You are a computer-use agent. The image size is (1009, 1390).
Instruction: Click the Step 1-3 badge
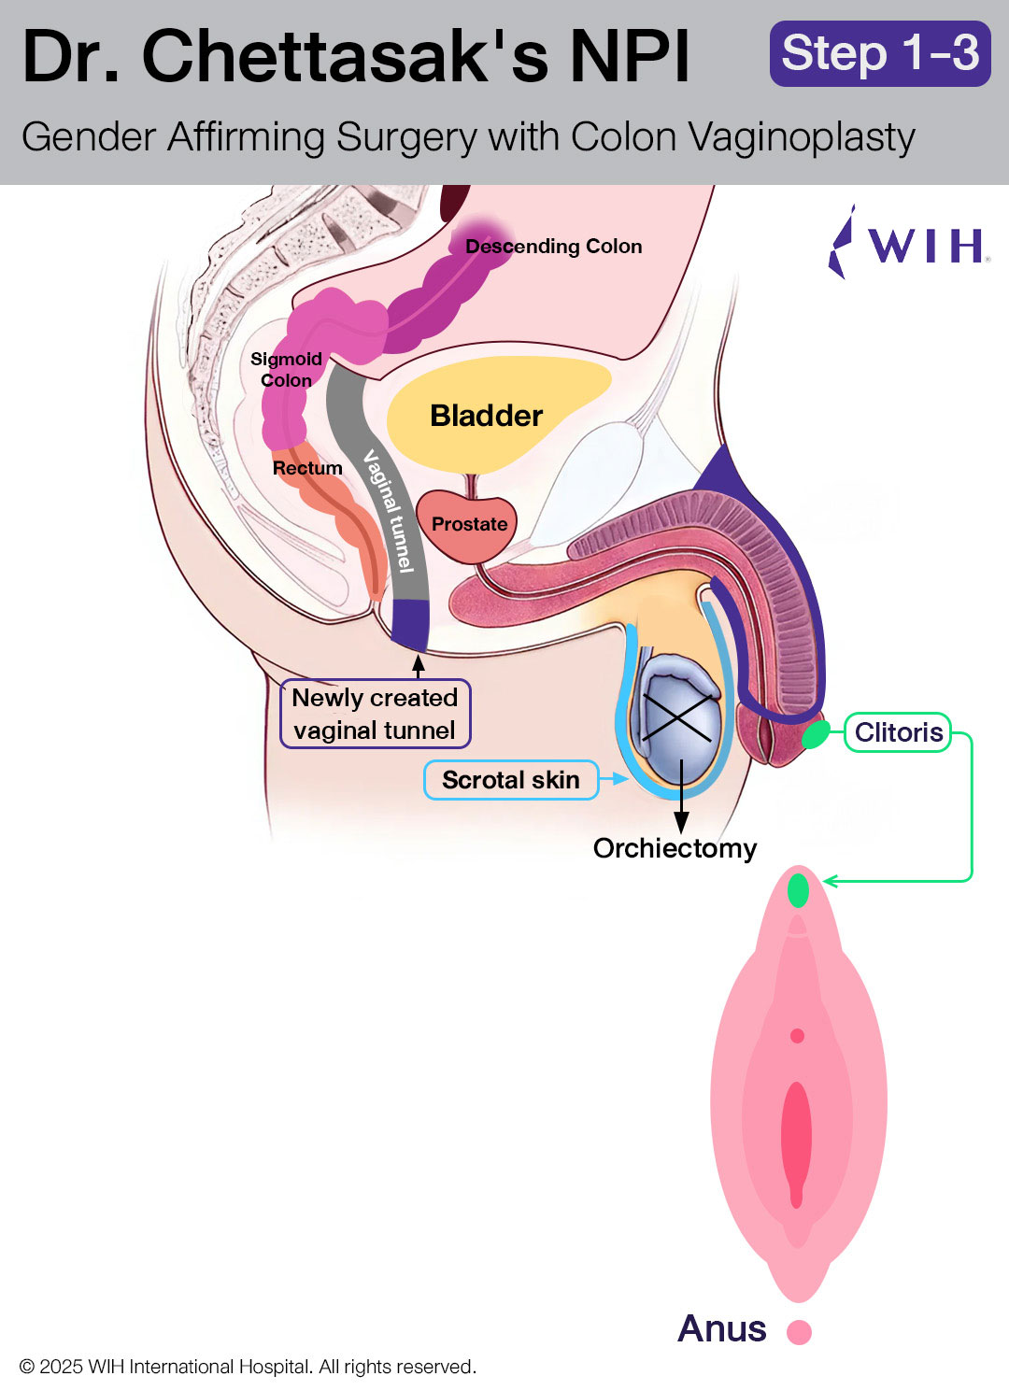coord(880,53)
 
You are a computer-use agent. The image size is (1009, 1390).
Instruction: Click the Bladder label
coord(486,416)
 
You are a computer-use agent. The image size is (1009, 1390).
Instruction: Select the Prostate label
coord(469,524)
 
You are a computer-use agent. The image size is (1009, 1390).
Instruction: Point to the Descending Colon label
coord(553,247)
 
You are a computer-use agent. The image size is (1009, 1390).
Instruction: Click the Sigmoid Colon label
coord(286,370)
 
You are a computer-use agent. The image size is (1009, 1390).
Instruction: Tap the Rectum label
coord(307,468)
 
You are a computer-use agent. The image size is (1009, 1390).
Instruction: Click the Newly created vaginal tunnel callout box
coord(375,714)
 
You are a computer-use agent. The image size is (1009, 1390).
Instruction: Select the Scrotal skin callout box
coord(510,780)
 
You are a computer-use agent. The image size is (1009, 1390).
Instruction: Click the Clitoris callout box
coord(898,732)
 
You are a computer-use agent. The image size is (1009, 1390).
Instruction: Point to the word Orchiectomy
coord(675,848)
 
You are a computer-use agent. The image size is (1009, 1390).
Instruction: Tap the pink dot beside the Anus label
coord(799,1331)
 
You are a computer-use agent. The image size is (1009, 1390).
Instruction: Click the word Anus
coord(721,1328)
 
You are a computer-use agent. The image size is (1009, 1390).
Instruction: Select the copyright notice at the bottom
coord(248,1367)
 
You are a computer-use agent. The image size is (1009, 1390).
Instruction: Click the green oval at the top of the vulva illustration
coord(798,889)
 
